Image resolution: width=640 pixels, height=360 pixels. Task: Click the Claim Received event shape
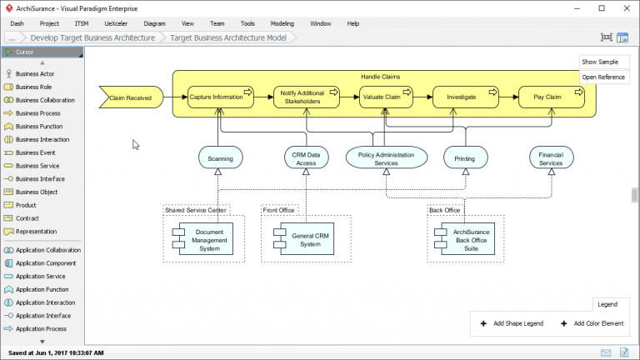[131, 97]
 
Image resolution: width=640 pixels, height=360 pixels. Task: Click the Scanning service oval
[220, 157]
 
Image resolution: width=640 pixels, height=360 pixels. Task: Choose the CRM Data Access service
[306, 157]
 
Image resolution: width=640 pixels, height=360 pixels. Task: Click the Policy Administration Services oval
[386, 157]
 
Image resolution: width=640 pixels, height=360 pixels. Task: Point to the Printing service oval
[465, 157]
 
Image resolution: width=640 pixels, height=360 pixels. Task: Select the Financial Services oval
[551, 157]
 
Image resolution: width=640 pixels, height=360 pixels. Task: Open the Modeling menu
[282, 23]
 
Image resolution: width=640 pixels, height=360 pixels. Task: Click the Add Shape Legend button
[512, 323]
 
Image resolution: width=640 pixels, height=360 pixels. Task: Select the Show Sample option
[600, 62]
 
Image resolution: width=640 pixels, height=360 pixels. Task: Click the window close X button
[625, 7]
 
